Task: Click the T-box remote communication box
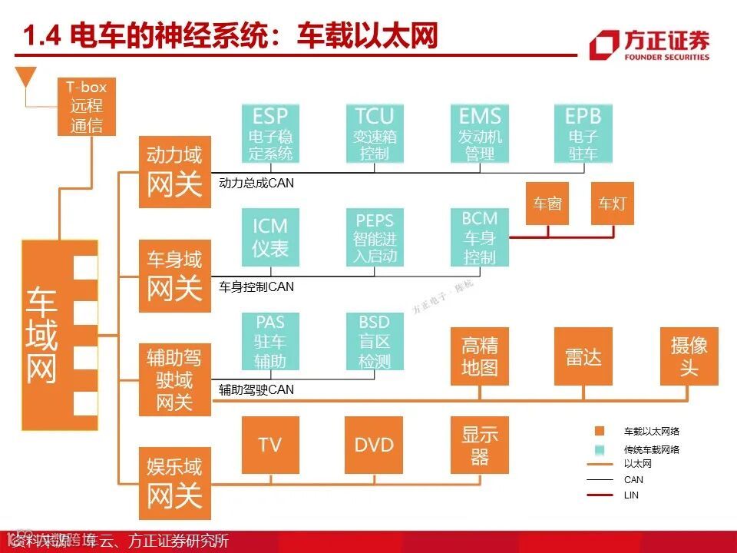point(87,108)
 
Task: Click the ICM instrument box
point(270,237)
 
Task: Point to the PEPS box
point(374,237)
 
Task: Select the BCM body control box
point(480,237)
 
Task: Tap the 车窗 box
point(547,204)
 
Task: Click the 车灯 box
point(613,204)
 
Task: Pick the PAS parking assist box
point(270,341)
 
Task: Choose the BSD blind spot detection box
point(374,341)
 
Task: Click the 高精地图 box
point(480,356)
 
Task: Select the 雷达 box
point(583,356)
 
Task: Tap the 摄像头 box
point(689,356)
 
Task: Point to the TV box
point(270,445)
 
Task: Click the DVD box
point(374,445)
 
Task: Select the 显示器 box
point(480,445)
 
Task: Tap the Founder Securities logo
point(649,45)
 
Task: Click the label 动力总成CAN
point(256,184)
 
